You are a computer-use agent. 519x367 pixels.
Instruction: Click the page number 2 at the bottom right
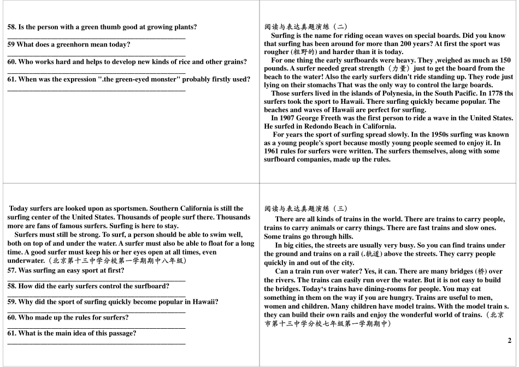509,341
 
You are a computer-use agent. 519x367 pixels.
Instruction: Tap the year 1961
272,151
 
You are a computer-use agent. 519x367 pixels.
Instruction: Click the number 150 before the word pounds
505,60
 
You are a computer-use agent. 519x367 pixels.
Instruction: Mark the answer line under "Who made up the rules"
96,327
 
